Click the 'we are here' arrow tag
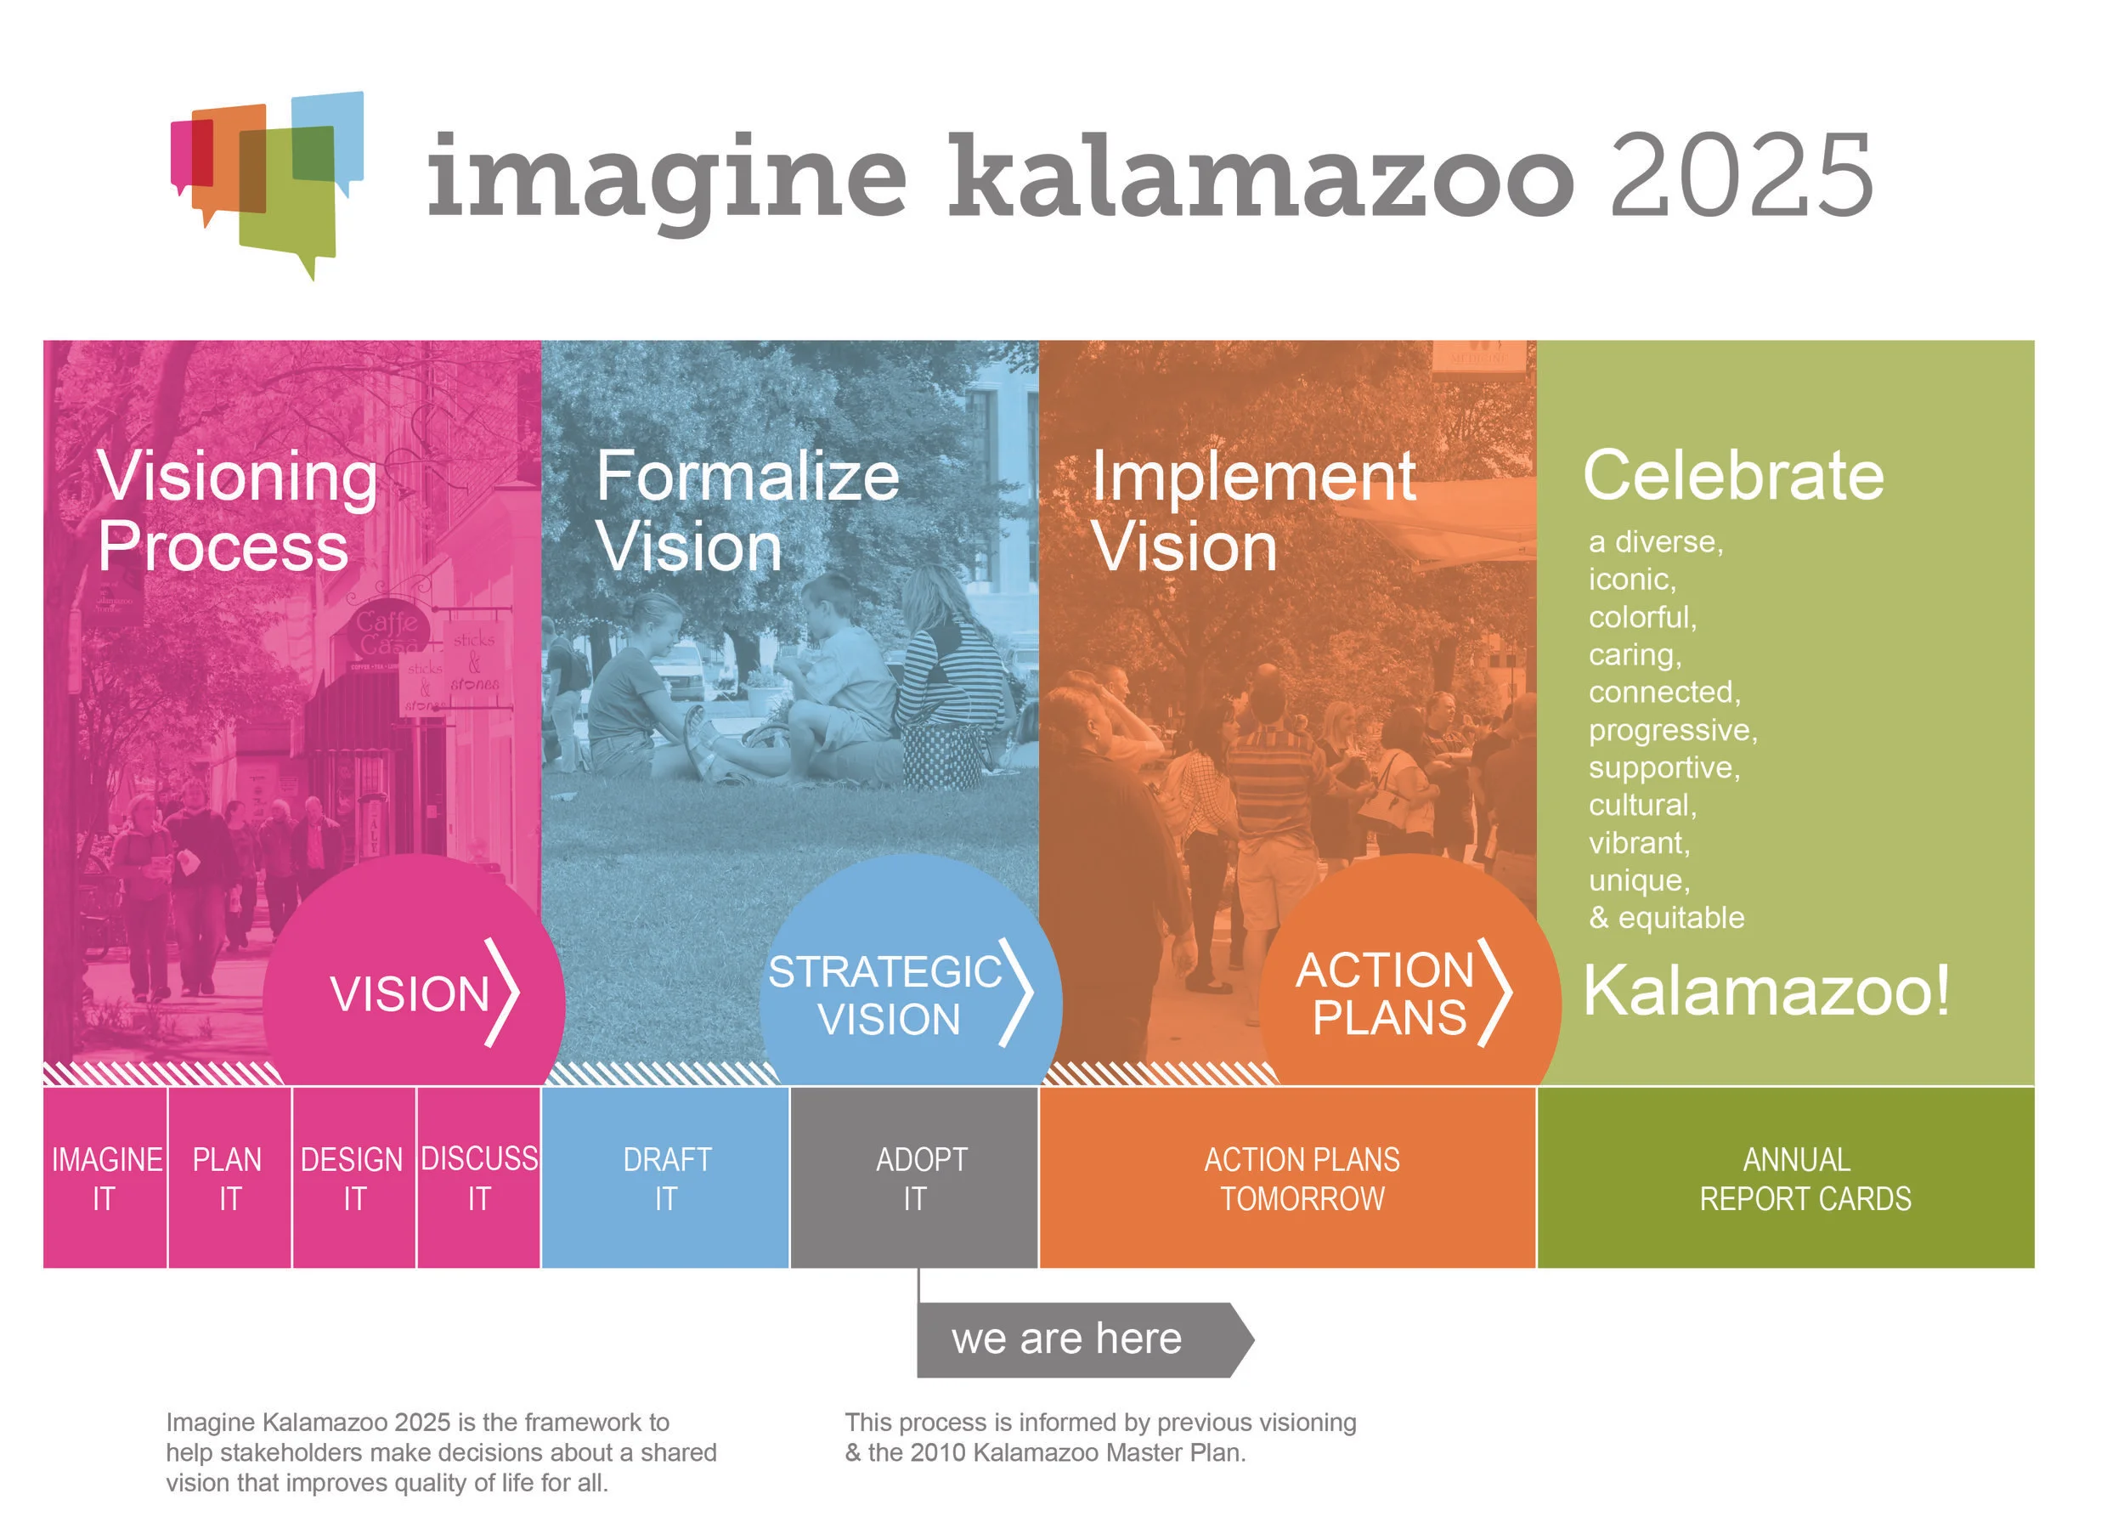[x=1077, y=1339]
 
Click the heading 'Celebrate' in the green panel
[x=1732, y=475]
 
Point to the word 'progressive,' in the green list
[x=1673, y=731]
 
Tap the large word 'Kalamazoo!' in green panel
[x=1766, y=990]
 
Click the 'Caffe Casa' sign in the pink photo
[x=386, y=633]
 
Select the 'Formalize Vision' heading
[x=747, y=512]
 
